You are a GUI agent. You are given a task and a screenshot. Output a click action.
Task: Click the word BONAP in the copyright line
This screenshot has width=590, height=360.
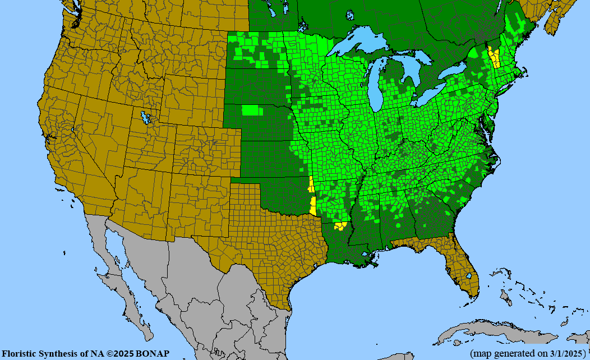click(153, 354)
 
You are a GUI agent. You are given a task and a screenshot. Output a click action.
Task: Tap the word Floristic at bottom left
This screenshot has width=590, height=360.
click(20, 354)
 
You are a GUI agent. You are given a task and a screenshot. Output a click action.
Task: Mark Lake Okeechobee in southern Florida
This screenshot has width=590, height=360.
click(469, 276)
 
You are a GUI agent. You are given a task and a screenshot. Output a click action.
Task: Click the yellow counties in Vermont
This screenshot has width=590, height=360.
click(494, 57)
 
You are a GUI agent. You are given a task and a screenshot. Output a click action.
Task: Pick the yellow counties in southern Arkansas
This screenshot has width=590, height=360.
click(340, 227)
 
